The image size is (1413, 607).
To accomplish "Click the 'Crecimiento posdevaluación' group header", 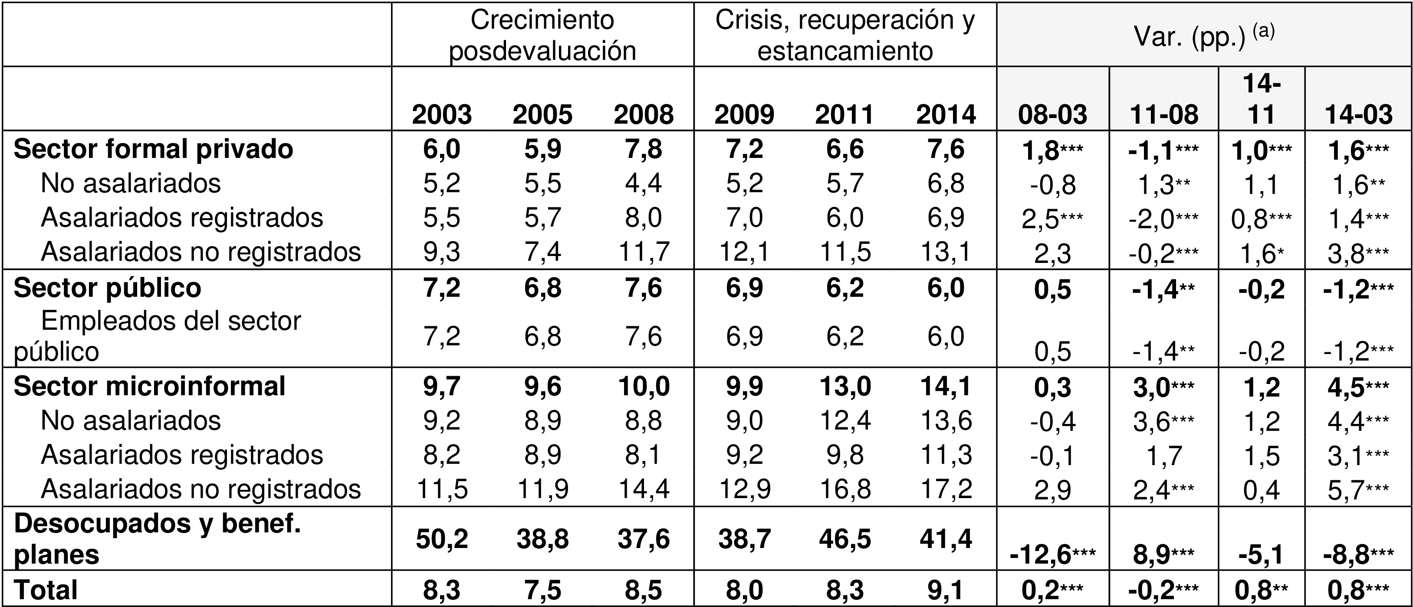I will (x=542, y=36).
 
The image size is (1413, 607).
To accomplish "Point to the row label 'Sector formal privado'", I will (x=153, y=149).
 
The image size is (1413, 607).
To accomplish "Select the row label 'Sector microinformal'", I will (x=149, y=386).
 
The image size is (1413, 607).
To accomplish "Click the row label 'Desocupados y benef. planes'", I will (x=158, y=539).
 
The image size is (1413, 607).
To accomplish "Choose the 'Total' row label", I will (x=46, y=590).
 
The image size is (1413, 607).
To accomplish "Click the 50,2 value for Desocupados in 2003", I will (x=442, y=539).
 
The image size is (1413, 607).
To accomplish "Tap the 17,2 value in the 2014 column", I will (x=946, y=489).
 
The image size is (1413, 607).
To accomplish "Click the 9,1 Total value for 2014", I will (x=946, y=590).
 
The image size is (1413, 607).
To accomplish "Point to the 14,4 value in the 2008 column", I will (x=644, y=489).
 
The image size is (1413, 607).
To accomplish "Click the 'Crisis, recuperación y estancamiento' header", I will (x=845, y=36).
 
